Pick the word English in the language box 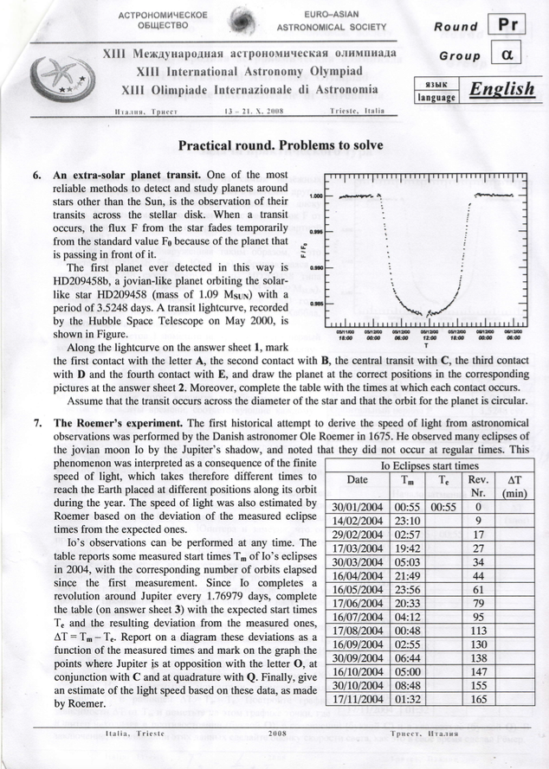[x=501, y=90]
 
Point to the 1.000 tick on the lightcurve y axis [x=314, y=197]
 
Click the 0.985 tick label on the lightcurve [x=314, y=304]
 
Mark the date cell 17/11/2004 [x=357, y=698]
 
